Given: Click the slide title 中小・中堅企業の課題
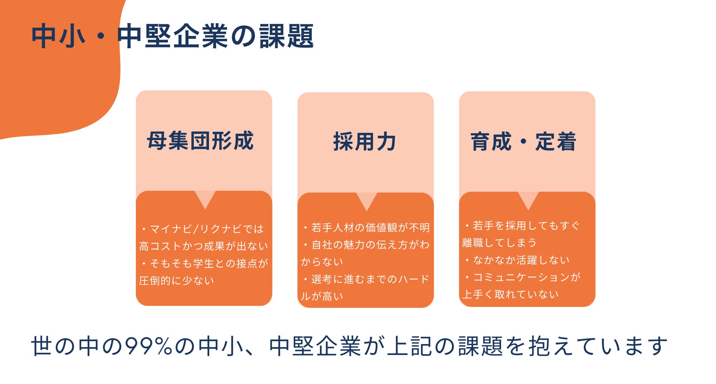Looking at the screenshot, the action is click(x=173, y=36).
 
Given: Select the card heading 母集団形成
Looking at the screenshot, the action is click(x=200, y=141).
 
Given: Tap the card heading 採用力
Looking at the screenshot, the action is click(x=365, y=142).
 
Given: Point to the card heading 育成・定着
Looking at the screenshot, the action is click(x=523, y=142).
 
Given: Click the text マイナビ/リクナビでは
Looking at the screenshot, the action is click(x=206, y=229).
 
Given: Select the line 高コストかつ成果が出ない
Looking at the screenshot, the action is click(x=203, y=246).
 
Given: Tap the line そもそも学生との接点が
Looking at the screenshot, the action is click(x=209, y=263).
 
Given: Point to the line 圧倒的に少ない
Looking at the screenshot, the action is click(x=176, y=281).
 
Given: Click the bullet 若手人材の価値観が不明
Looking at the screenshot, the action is click(x=370, y=228).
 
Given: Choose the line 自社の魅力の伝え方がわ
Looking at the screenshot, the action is click(x=370, y=245).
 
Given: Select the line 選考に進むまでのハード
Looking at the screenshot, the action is click(x=370, y=279).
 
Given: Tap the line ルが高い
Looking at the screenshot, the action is click(x=322, y=296).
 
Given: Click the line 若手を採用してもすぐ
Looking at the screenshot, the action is click(x=526, y=226).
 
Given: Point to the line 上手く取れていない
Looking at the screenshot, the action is click(x=510, y=294).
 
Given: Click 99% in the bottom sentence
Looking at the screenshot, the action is click(x=148, y=346).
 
